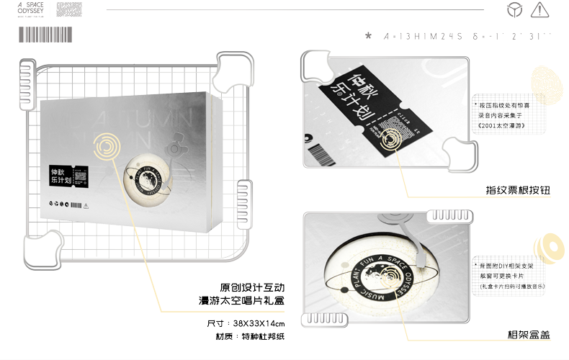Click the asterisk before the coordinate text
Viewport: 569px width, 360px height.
[x=369, y=35]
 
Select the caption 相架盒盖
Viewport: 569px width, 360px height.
[x=529, y=334]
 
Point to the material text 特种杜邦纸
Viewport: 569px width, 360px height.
[x=261, y=337]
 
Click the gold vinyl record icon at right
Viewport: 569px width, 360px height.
[x=551, y=246]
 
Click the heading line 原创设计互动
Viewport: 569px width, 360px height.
[x=251, y=286]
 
